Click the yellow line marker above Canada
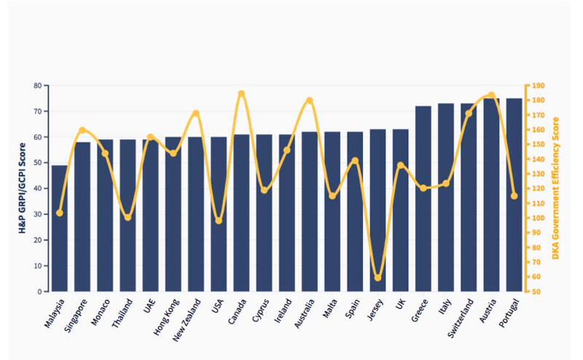[241, 93]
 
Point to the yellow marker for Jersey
[377, 278]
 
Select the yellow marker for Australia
[310, 100]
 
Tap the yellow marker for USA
[219, 220]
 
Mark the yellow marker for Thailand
[128, 217]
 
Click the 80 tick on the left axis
[36, 85]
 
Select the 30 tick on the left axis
[36, 214]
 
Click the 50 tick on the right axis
[534, 291]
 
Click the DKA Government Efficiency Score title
[556, 188]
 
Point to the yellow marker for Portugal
[514, 196]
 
